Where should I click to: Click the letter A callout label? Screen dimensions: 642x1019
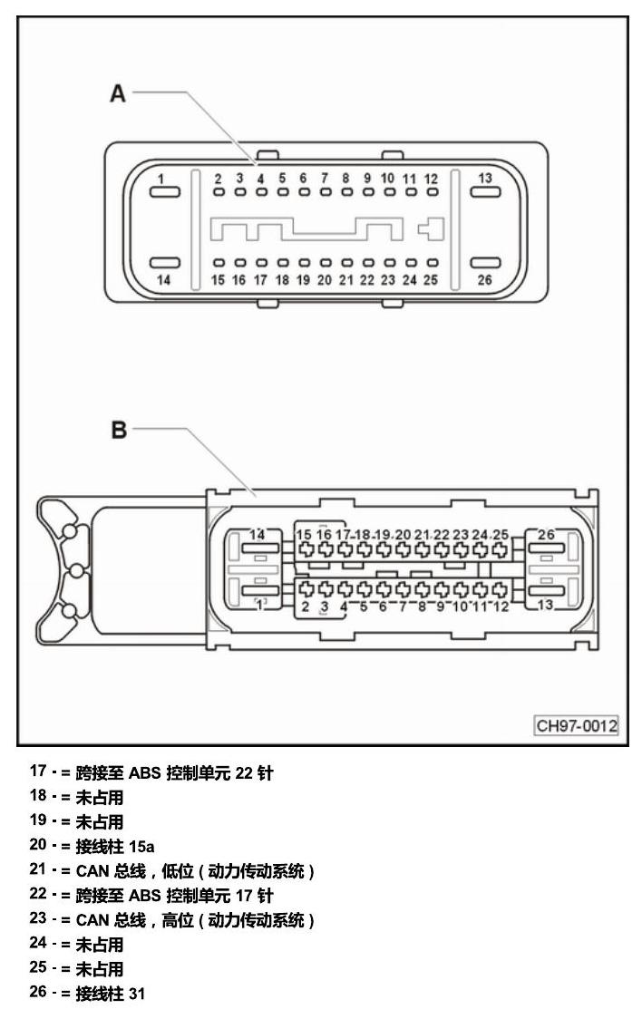pos(118,93)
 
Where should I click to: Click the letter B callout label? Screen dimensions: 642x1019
pos(119,430)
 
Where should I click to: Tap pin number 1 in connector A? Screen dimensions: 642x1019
pos(161,179)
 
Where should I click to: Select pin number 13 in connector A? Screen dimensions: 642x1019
pos(485,178)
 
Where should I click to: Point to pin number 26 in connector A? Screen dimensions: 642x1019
pos(485,280)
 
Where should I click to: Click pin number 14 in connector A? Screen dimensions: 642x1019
pos(164,280)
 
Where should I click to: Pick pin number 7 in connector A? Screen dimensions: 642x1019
pos(325,178)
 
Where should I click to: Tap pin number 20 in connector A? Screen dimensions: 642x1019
pos(325,280)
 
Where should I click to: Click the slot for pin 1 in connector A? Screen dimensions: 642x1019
pos(165,191)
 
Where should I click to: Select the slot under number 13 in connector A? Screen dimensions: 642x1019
pos(485,191)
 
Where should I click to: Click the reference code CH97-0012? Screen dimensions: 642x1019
pos(577,725)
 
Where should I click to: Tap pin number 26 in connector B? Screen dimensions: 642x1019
pos(546,534)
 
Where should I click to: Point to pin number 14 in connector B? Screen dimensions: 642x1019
pos(258,534)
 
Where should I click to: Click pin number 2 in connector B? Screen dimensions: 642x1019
pos(305,607)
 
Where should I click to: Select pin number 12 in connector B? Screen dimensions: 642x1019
pos(501,607)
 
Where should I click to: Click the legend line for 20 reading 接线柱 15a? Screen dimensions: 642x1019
pos(92,846)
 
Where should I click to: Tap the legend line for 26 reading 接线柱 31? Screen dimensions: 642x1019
pos(86,994)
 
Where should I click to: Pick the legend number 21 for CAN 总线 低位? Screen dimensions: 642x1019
pos(38,869)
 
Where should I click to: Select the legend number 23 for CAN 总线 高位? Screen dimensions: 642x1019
pos(38,919)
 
